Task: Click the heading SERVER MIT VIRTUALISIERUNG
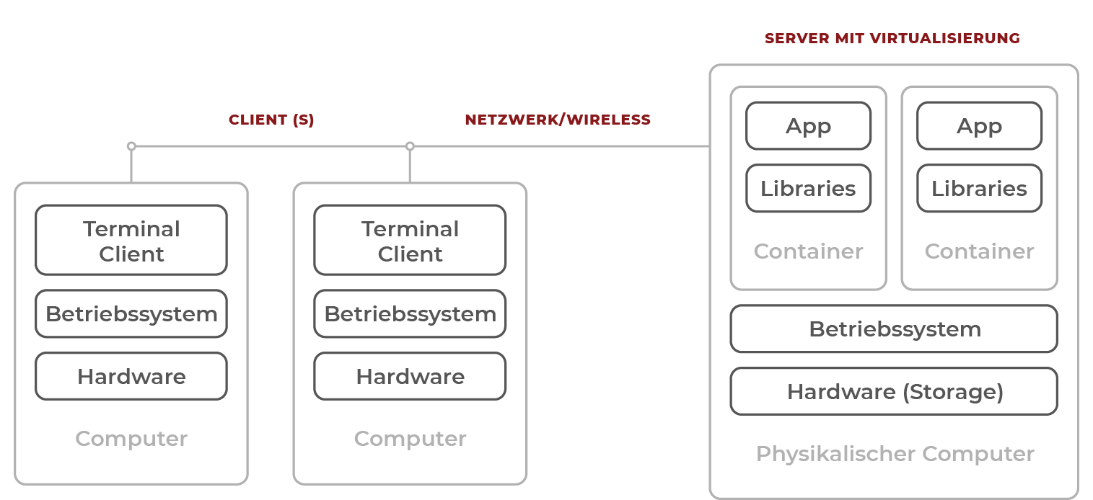[x=892, y=38]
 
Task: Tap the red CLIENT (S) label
[x=271, y=120]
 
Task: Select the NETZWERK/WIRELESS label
[x=557, y=120]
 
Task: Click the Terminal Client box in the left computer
[x=131, y=241]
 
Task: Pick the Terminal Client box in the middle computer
[x=410, y=241]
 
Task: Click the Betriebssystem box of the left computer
[x=131, y=314]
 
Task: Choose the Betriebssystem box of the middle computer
[x=410, y=314]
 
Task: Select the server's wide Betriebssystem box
[x=894, y=329]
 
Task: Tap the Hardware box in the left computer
[x=131, y=376]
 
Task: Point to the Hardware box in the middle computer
[x=410, y=376]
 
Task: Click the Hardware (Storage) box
[x=894, y=392]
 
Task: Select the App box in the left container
[x=808, y=126]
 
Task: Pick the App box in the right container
[x=979, y=126]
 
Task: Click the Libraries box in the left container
[x=808, y=189]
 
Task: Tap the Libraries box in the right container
[x=979, y=189]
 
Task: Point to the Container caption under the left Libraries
[x=808, y=251]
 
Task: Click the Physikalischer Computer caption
[x=895, y=454]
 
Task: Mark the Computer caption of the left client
[x=131, y=439]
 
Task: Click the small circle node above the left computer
[x=131, y=146]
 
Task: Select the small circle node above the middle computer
[x=410, y=146]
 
